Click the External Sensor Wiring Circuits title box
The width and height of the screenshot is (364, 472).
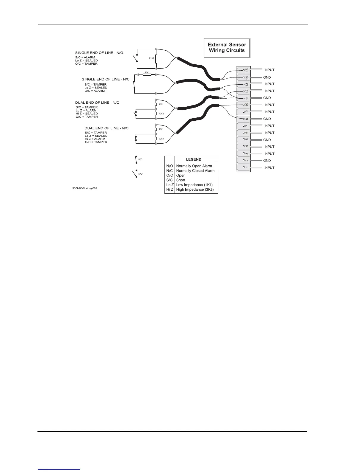[x=227, y=48]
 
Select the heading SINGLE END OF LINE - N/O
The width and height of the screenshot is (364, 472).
[x=99, y=53]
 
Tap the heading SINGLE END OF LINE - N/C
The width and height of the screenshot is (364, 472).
[x=106, y=79]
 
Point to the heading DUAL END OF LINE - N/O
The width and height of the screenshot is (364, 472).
[x=97, y=103]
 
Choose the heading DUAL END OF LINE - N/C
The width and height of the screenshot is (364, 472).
[x=106, y=128]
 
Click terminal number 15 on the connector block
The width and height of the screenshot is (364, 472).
[x=247, y=70]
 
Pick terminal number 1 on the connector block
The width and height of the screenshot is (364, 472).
[x=247, y=168]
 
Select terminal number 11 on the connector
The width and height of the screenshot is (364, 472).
[x=247, y=98]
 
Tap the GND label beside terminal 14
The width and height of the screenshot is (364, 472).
[x=267, y=77]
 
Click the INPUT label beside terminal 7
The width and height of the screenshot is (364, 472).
[x=269, y=126]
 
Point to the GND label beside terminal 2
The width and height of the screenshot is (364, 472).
[x=267, y=161]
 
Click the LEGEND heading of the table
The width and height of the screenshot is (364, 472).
[x=194, y=159]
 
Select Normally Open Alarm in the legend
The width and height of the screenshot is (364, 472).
[x=194, y=166]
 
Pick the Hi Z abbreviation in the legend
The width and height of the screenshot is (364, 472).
[x=170, y=190]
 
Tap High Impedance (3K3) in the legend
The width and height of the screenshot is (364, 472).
[x=195, y=190]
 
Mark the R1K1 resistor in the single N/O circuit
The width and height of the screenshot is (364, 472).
[x=156, y=59]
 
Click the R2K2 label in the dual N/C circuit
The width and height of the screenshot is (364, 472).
[x=161, y=139]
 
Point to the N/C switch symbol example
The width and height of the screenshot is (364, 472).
[x=136, y=159]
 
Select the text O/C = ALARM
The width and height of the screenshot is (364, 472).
[x=95, y=91]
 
